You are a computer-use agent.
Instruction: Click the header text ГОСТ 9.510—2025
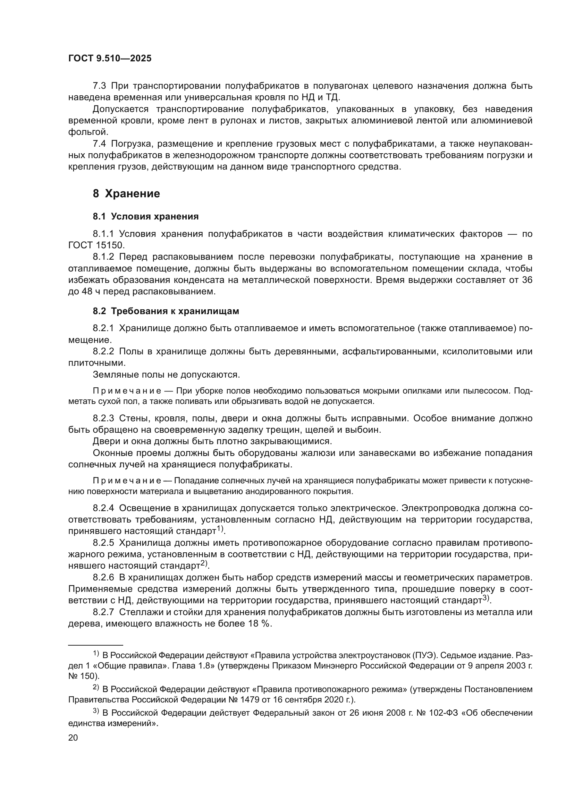110,59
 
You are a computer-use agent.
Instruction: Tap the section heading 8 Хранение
126,193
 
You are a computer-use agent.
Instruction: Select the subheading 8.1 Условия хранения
146,216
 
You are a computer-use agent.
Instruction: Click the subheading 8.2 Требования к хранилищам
166,311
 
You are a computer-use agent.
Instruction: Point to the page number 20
73,738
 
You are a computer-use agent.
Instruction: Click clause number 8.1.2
103,257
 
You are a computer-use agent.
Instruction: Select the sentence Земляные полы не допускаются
166,374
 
